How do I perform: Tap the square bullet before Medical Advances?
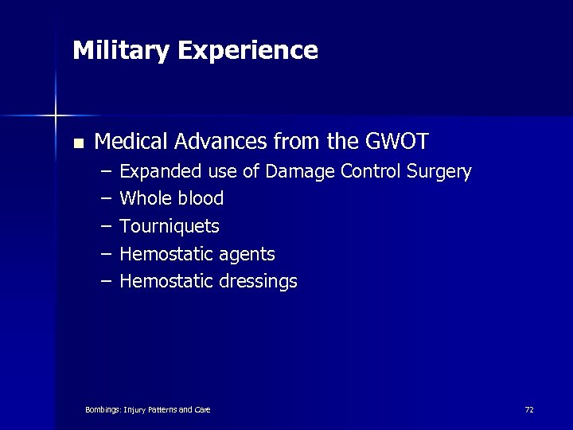pyautogui.click(x=77, y=144)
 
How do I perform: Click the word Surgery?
pyautogui.click(x=442, y=171)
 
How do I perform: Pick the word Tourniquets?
pyautogui.click(x=170, y=226)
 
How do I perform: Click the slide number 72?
pyautogui.click(x=529, y=409)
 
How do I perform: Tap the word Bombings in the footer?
pyautogui.click(x=103, y=409)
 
